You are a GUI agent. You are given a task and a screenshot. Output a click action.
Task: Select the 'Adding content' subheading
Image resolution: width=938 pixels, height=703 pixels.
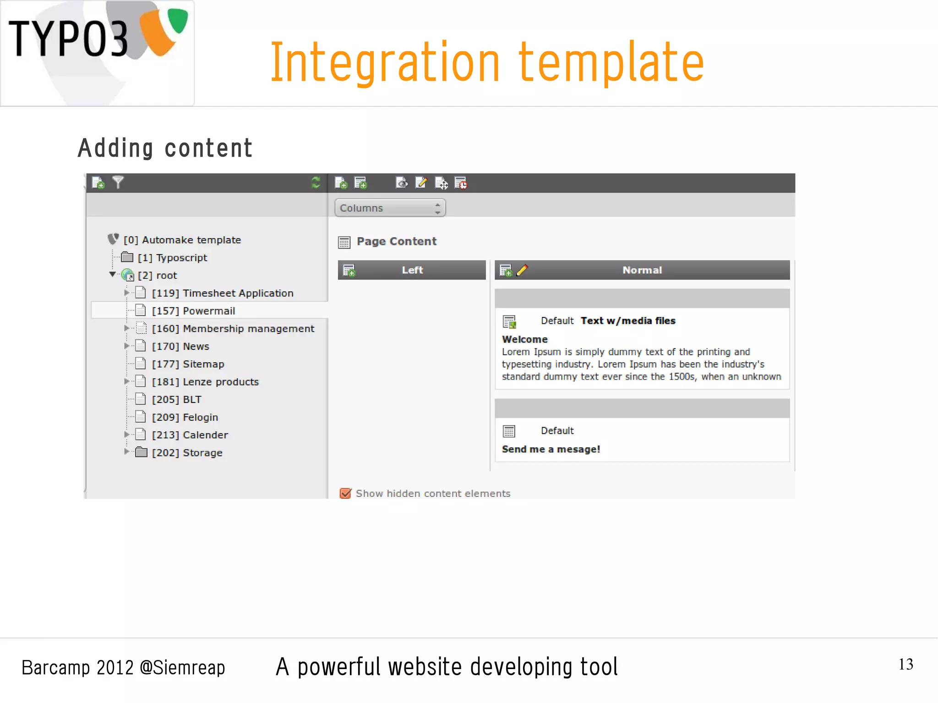pos(165,148)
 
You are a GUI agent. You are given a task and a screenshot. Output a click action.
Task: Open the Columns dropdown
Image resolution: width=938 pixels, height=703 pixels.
pos(390,208)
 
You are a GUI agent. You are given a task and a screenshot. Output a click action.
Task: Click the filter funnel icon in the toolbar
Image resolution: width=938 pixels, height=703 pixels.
pos(118,183)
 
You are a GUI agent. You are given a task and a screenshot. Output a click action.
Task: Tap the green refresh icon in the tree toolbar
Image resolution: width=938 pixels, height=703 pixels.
pos(316,183)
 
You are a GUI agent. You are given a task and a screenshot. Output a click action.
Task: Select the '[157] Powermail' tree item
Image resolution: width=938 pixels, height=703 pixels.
pos(193,311)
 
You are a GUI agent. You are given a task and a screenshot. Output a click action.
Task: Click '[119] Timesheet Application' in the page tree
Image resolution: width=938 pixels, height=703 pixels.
pos(223,293)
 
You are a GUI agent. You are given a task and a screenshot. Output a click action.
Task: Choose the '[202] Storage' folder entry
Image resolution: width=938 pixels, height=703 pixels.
pos(187,452)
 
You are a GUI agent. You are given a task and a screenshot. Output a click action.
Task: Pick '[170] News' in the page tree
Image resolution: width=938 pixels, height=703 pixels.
pos(180,346)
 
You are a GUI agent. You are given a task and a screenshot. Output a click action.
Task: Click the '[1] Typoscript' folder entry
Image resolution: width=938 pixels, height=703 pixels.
pos(172,258)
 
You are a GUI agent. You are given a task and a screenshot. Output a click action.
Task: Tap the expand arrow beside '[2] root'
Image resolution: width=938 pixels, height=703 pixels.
pos(112,275)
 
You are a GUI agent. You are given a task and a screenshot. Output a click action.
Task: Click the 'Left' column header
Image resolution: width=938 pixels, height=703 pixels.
pos(412,270)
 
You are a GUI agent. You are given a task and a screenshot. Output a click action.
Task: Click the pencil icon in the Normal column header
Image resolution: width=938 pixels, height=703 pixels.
pos(522,270)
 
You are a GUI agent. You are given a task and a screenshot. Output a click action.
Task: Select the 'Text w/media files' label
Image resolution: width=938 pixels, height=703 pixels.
pos(628,321)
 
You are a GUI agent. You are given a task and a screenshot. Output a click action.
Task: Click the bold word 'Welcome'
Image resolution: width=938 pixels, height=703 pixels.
pos(524,339)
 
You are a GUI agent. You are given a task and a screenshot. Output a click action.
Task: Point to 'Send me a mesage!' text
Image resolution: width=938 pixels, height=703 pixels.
pos(551,449)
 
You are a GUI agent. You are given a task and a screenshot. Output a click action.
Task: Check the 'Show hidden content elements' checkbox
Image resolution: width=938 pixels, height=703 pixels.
pos(346,493)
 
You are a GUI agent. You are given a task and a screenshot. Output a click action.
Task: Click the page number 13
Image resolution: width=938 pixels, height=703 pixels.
pos(905,664)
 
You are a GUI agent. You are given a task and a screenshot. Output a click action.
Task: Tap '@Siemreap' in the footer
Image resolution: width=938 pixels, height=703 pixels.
pos(182,668)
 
